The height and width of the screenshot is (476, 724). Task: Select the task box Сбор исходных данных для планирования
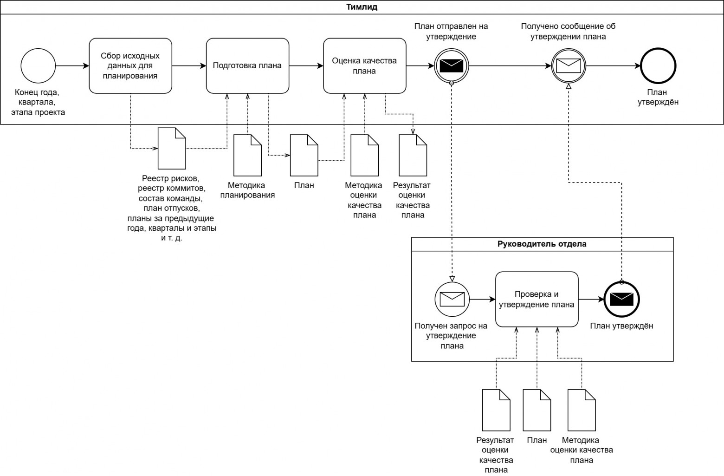point(130,65)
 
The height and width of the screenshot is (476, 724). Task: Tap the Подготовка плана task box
point(247,65)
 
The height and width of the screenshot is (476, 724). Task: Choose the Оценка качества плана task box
point(365,65)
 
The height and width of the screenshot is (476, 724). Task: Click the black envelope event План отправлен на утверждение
point(451,65)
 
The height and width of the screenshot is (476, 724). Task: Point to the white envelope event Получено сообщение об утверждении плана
point(569,65)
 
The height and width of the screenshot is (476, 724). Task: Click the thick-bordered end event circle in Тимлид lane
point(658,65)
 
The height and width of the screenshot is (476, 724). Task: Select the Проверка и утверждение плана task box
point(537,299)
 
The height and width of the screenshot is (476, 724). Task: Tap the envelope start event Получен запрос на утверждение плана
point(452,299)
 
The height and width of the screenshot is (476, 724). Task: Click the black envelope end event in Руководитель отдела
point(621,299)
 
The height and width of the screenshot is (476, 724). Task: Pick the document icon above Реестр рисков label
point(172,149)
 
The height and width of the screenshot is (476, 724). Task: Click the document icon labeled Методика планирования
point(247,155)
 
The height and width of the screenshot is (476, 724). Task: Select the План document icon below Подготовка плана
point(304,155)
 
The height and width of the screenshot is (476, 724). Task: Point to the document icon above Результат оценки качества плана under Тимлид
point(413,155)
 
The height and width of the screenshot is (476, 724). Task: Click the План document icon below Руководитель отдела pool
point(537,410)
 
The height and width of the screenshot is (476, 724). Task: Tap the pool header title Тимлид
point(362,7)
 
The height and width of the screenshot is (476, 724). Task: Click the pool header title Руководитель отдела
point(542,244)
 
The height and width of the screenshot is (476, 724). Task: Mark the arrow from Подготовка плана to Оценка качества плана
point(306,65)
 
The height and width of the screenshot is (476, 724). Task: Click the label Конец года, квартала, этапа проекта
point(38,102)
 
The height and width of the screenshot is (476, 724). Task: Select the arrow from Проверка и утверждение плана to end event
point(591,299)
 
